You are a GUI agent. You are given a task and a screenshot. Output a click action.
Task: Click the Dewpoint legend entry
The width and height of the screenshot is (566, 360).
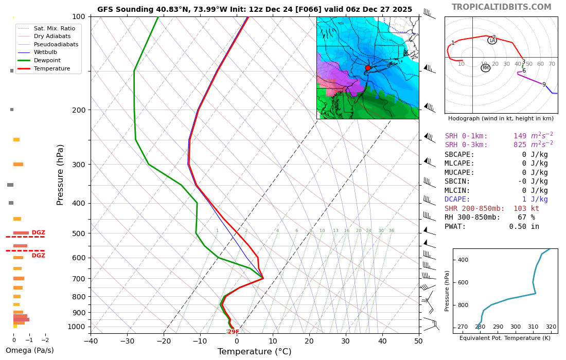coord(47,60)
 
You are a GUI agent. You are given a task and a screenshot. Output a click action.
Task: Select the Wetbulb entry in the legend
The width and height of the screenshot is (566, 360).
coord(45,52)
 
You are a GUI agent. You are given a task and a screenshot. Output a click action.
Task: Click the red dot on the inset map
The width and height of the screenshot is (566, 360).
coord(367,68)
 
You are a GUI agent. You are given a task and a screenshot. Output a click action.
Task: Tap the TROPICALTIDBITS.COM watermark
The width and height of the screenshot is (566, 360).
coord(501,7)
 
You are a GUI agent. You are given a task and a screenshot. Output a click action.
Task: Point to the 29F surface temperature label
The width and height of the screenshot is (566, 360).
coord(233,332)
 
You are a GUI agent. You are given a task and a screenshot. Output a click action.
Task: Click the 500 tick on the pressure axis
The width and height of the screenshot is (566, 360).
coord(79,233)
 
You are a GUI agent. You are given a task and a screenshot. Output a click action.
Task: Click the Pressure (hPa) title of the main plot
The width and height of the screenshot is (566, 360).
coord(61,175)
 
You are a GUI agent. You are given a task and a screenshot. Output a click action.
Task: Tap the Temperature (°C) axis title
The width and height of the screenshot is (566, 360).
coord(254,352)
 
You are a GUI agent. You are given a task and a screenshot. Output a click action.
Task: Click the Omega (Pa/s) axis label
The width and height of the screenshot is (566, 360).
coord(29,351)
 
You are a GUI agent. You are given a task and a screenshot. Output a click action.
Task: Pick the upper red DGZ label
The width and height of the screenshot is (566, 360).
coord(39,233)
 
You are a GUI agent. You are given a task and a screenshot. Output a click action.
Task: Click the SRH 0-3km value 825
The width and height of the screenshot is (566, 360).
coord(522,145)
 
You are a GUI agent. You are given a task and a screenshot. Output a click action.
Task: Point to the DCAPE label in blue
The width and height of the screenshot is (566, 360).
coord(457,200)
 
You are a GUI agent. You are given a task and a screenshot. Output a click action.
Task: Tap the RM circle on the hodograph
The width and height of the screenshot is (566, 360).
coord(485,68)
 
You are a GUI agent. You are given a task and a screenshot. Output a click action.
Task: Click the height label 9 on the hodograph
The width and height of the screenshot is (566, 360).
coord(544,85)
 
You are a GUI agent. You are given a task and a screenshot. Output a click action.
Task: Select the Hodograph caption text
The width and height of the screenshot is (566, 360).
coord(501,119)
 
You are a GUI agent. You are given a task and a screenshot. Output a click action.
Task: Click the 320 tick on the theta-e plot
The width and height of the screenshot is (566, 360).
coord(551,327)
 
